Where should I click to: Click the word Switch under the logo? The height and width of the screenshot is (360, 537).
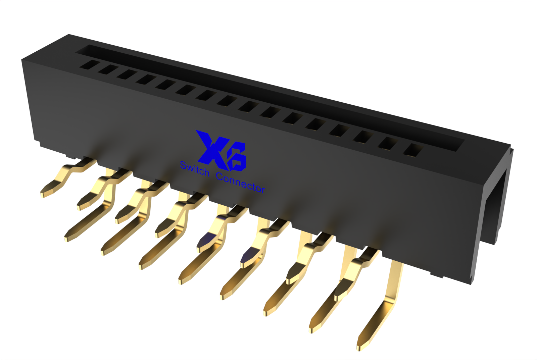click(195, 169)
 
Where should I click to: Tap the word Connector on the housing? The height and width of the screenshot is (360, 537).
click(240, 183)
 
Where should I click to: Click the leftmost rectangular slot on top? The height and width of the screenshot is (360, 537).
click(90, 65)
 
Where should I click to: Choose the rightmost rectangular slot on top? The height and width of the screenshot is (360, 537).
click(413, 150)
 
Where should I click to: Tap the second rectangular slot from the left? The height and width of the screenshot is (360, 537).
click(108, 69)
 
